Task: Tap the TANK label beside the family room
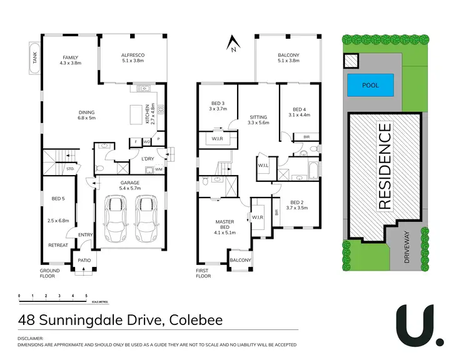(35, 58)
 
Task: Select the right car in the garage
(146, 219)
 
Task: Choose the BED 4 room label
(299, 109)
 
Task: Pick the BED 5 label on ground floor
(58, 199)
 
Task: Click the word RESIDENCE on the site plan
(385, 166)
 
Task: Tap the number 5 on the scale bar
(86, 295)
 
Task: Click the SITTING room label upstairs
(258, 117)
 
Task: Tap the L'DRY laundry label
(148, 159)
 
